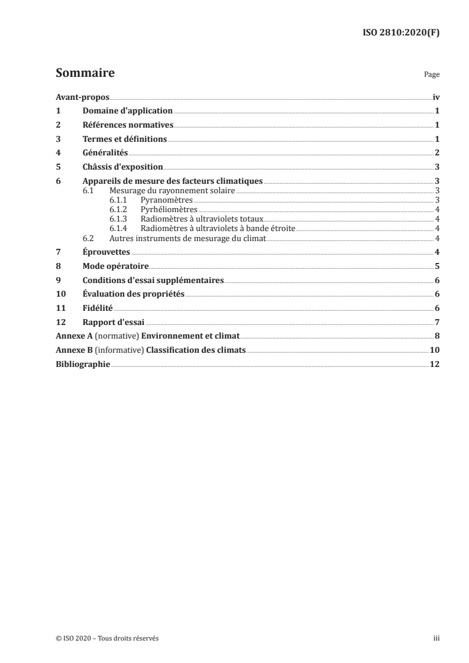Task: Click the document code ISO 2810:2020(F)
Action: pyautogui.click(x=400, y=33)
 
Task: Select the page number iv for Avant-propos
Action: pyautogui.click(x=435, y=97)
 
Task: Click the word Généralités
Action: pyautogui.click(x=105, y=153)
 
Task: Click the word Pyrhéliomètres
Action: pyautogui.click(x=169, y=209)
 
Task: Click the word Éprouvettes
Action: pyautogui.click(x=106, y=252)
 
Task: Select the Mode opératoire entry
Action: pyautogui.click(x=115, y=266)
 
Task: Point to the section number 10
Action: pyautogui.click(x=60, y=294)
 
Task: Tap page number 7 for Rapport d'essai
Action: pyautogui.click(x=436, y=323)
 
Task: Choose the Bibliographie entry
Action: pyautogui.click(x=83, y=364)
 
